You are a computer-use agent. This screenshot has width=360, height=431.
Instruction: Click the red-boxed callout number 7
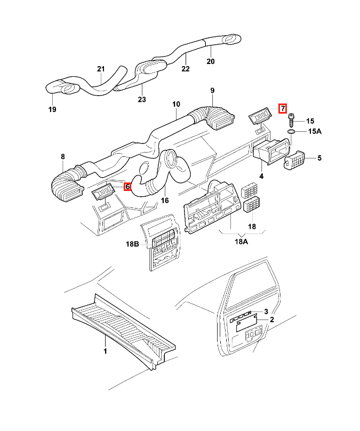283,109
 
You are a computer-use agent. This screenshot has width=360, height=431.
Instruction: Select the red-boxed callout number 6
127,187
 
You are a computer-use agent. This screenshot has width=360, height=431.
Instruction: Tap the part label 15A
315,131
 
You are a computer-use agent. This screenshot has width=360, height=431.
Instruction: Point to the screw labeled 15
291,121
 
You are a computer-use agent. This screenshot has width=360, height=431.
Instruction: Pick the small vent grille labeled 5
294,161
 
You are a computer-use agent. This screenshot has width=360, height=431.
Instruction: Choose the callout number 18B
132,244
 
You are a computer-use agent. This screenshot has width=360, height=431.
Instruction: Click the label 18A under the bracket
241,242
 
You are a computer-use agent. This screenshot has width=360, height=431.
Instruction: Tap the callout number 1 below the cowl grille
105,351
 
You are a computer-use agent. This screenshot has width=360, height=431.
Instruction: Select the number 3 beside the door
266,312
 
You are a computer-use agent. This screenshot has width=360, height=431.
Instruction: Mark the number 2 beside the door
272,320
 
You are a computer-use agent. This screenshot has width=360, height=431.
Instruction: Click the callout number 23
142,99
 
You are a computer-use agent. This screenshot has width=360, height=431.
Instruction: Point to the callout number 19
52,109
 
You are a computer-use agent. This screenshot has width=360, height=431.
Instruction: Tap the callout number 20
211,61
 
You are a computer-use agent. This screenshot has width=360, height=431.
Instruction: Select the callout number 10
176,104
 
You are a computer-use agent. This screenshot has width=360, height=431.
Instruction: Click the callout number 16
165,201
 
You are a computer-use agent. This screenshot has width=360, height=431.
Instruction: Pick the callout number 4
261,176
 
